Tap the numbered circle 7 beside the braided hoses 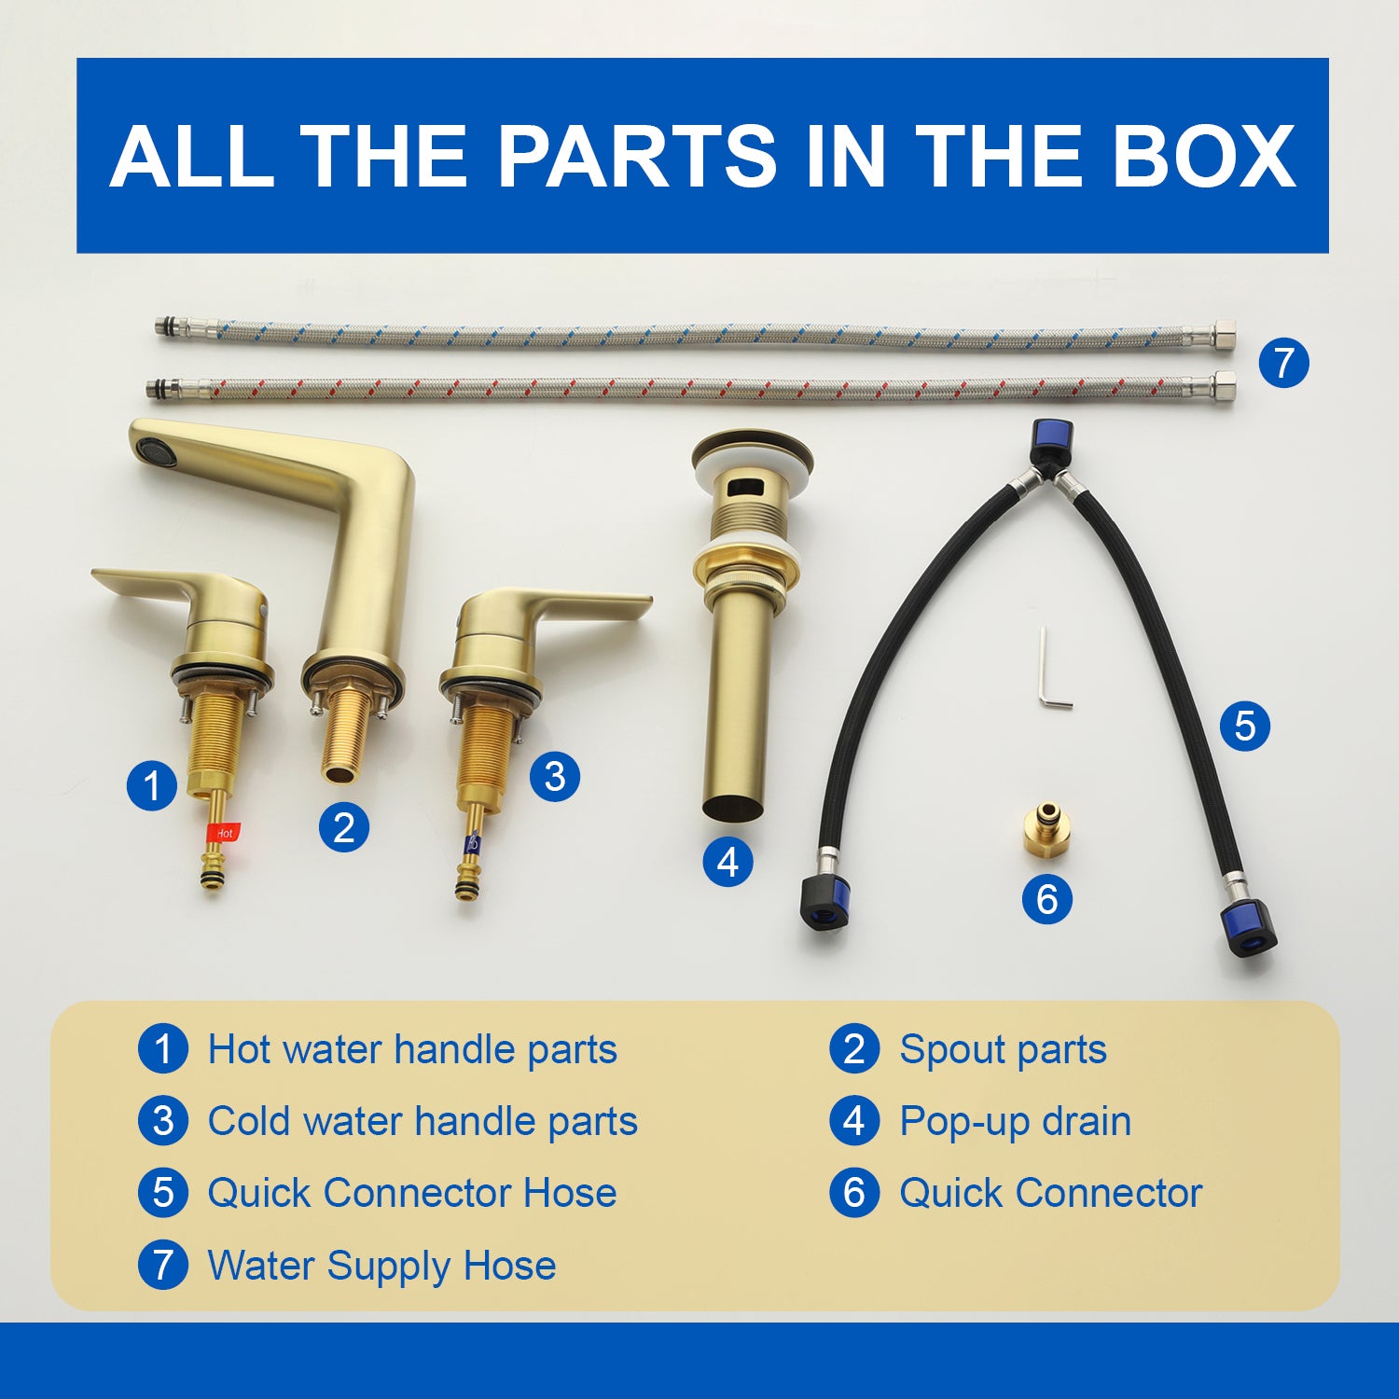pyautogui.click(x=1283, y=363)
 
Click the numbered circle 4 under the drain pyautogui.click(x=728, y=862)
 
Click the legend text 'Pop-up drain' pyautogui.click(x=1015, y=1121)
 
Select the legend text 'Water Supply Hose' pyautogui.click(x=381, y=1266)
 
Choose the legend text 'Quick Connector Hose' pyautogui.click(x=412, y=1193)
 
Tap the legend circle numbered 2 pyautogui.click(x=854, y=1048)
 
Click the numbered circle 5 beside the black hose pyautogui.click(x=1245, y=726)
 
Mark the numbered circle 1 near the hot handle pyautogui.click(x=152, y=785)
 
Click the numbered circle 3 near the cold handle pyautogui.click(x=555, y=776)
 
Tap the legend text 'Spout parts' pyautogui.click(x=1003, y=1050)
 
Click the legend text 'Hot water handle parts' pyautogui.click(x=412, y=1049)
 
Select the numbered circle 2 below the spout pyautogui.click(x=344, y=827)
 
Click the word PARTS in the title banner pyautogui.click(x=636, y=155)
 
